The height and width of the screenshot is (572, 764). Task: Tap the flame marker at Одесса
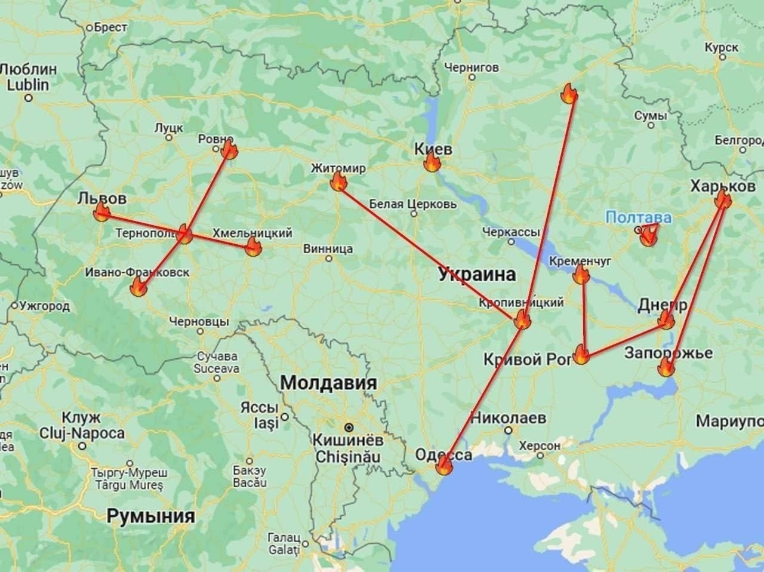point(443,466)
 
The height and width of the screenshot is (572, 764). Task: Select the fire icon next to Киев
point(432,163)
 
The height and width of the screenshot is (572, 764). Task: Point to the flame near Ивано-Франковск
point(138,288)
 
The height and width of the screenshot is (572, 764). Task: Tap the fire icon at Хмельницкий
point(253,247)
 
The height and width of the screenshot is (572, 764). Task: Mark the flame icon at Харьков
point(723,199)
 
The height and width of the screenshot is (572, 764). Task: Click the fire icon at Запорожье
point(666,367)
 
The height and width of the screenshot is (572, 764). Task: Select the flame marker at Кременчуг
point(581,275)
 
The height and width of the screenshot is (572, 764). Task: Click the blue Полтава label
point(639,217)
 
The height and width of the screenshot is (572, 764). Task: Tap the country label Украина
point(476,275)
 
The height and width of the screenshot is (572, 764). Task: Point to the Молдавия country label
point(328,383)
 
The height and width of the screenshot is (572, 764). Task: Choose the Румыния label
point(151,516)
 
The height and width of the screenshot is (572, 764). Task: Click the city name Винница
point(328,248)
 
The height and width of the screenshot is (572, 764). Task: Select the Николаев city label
point(507,417)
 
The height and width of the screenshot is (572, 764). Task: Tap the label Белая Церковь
point(413,204)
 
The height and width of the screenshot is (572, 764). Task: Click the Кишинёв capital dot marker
point(347,428)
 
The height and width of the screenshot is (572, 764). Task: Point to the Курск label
point(721,47)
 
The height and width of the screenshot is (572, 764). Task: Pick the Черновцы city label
point(199,321)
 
